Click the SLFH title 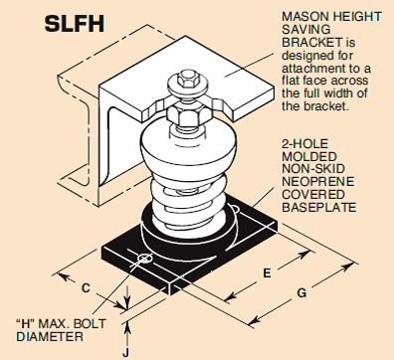(x=75, y=24)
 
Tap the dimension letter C (x=86, y=287)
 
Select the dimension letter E (x=267, y=273)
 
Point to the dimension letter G (x=301, y=293)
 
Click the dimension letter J (x=125, y=353)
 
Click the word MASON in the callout (x=302, y=17)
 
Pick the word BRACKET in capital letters (x=311, y=43)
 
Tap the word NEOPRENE (x=317, y=182)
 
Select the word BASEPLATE (x=319, y=207)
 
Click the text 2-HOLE (x=305, y=143)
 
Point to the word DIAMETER (x=50, y=336)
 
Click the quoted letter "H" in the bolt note (x=25, y=323)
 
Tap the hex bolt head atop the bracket (x=186, y=80)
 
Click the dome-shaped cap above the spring (x=188, y=146)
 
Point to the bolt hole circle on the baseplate (x=144, y=259)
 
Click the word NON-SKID (x=313, y=169)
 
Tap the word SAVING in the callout (x=306, y=30)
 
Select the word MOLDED (x=309, y=156)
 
